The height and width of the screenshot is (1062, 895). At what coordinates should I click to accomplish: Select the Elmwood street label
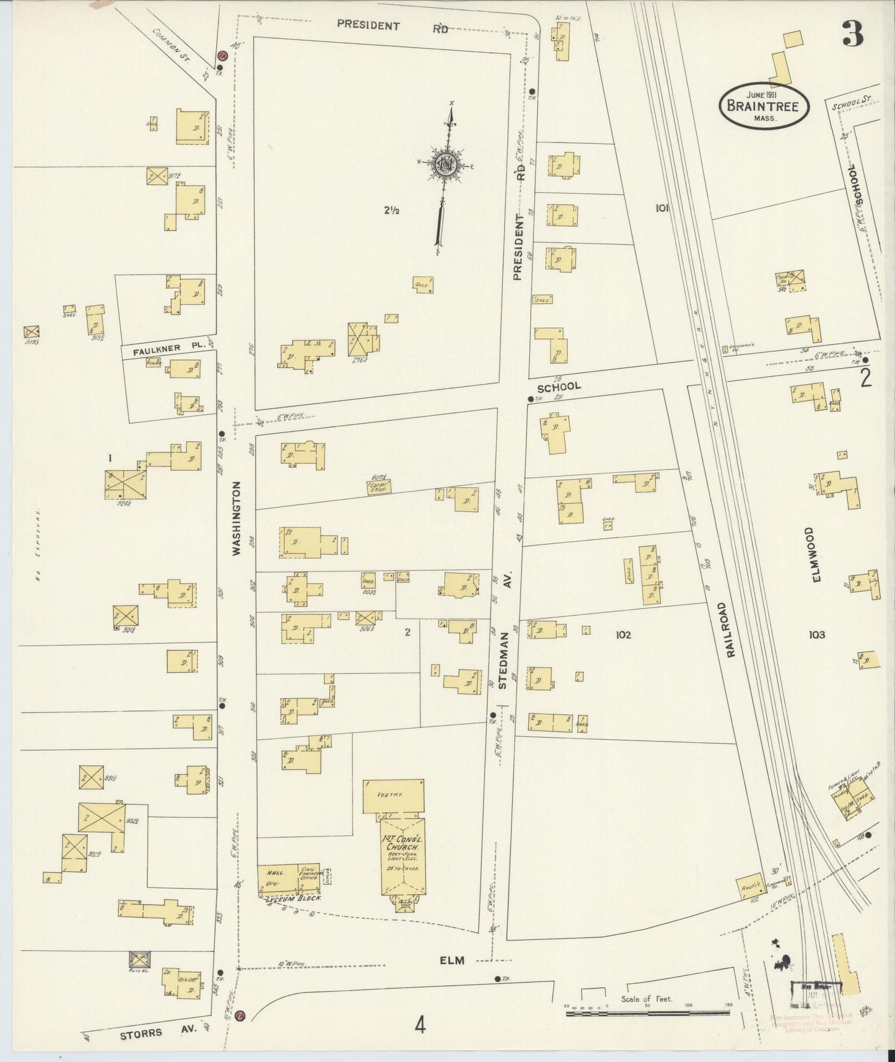816,555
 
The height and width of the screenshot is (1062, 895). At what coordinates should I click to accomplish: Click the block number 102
623,634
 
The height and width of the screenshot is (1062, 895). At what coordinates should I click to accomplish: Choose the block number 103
816,634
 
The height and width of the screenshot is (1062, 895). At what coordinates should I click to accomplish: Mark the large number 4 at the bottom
421,1027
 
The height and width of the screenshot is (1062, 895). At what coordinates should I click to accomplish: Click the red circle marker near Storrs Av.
241,1015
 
